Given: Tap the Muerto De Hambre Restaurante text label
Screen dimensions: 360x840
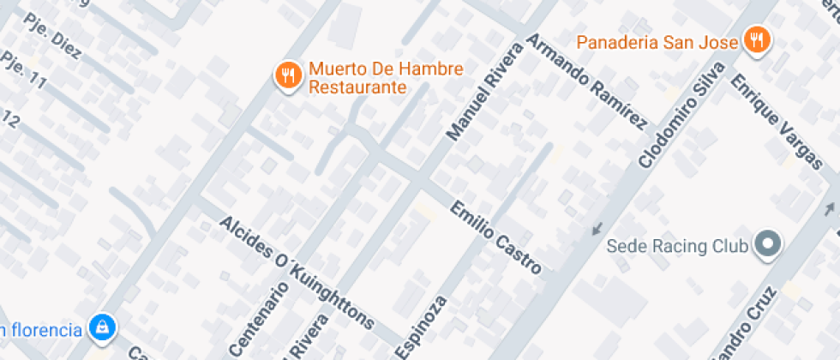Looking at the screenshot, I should click(x=374, y=78).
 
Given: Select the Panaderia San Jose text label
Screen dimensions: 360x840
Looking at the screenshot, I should click(x=657, y=42).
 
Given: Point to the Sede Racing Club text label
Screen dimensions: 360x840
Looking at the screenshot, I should click(x=677, y=247).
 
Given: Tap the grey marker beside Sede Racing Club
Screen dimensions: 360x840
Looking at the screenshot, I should click(x=768, y=246).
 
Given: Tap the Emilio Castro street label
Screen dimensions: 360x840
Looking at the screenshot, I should click(x=496, y=238).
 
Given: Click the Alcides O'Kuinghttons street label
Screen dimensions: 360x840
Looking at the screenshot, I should click(x=297, y=272).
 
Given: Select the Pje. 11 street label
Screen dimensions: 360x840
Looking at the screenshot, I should click(x=23, y=70).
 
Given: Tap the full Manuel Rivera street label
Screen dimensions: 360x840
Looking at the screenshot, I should click(x=484, y=92).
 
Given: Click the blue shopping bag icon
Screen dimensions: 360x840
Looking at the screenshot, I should click(x=102, y=327).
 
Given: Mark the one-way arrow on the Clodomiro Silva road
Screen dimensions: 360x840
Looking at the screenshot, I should click(x=597, y=228).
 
